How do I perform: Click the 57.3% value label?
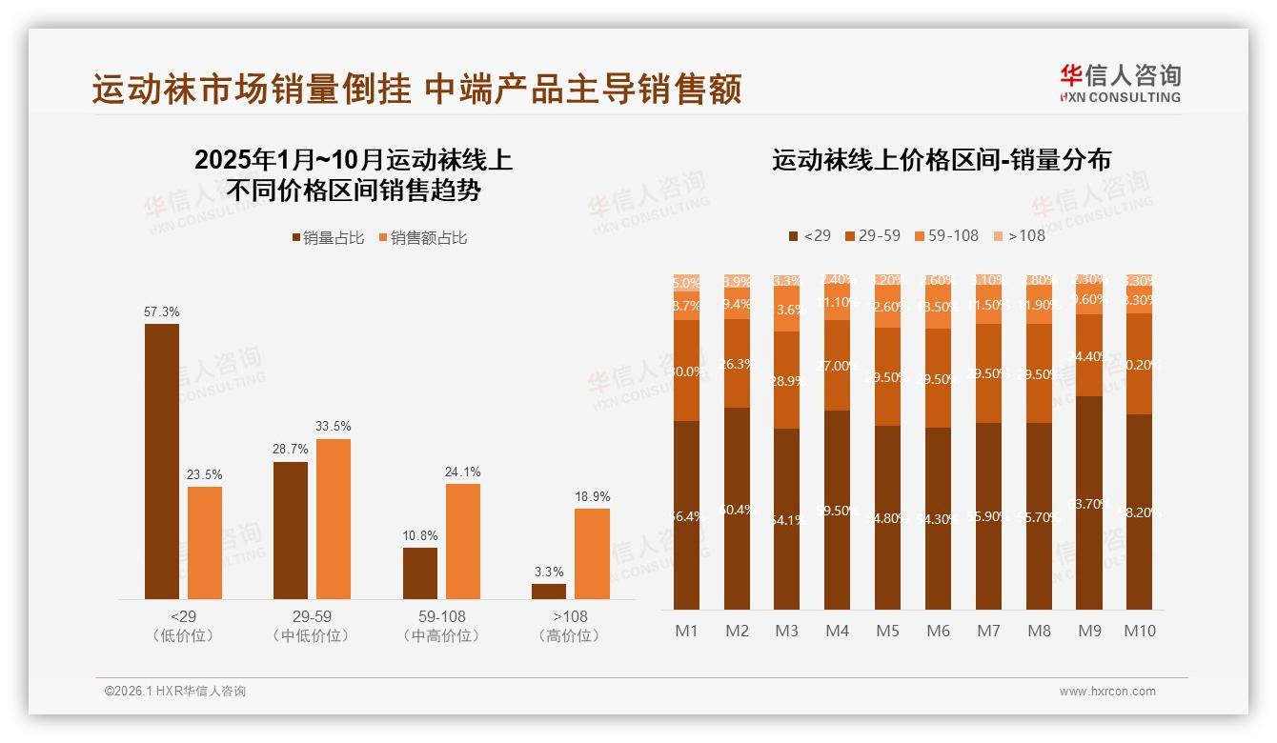click(x=162, y=312)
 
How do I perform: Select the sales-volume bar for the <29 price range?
click(x=162, y=462)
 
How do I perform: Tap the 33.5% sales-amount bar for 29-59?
click(x=334, y=519)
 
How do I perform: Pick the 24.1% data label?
click(x=462, y=472)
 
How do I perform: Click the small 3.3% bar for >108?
click(x=549, y=592)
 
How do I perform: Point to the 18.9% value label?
click(x=592, y=496)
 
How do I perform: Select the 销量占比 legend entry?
click(x=328, y=237)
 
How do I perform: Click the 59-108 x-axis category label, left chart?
click(x=441, y=617)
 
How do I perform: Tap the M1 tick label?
click(x=686, y=631)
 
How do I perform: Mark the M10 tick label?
click(x=1140, y=631)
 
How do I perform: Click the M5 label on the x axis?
click(x=887, y=631)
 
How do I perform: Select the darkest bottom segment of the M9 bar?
click(x=1089, y=503)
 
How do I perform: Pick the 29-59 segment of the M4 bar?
click(x=837, y=366)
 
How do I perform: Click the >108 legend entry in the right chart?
click(x=1019, y=235)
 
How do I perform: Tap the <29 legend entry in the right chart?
click(x=810, y=235)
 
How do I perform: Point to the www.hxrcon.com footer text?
click(x=1106, y=692)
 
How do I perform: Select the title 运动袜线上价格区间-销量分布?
click(x=941, y=160)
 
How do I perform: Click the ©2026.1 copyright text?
click(x=175, y=692)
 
